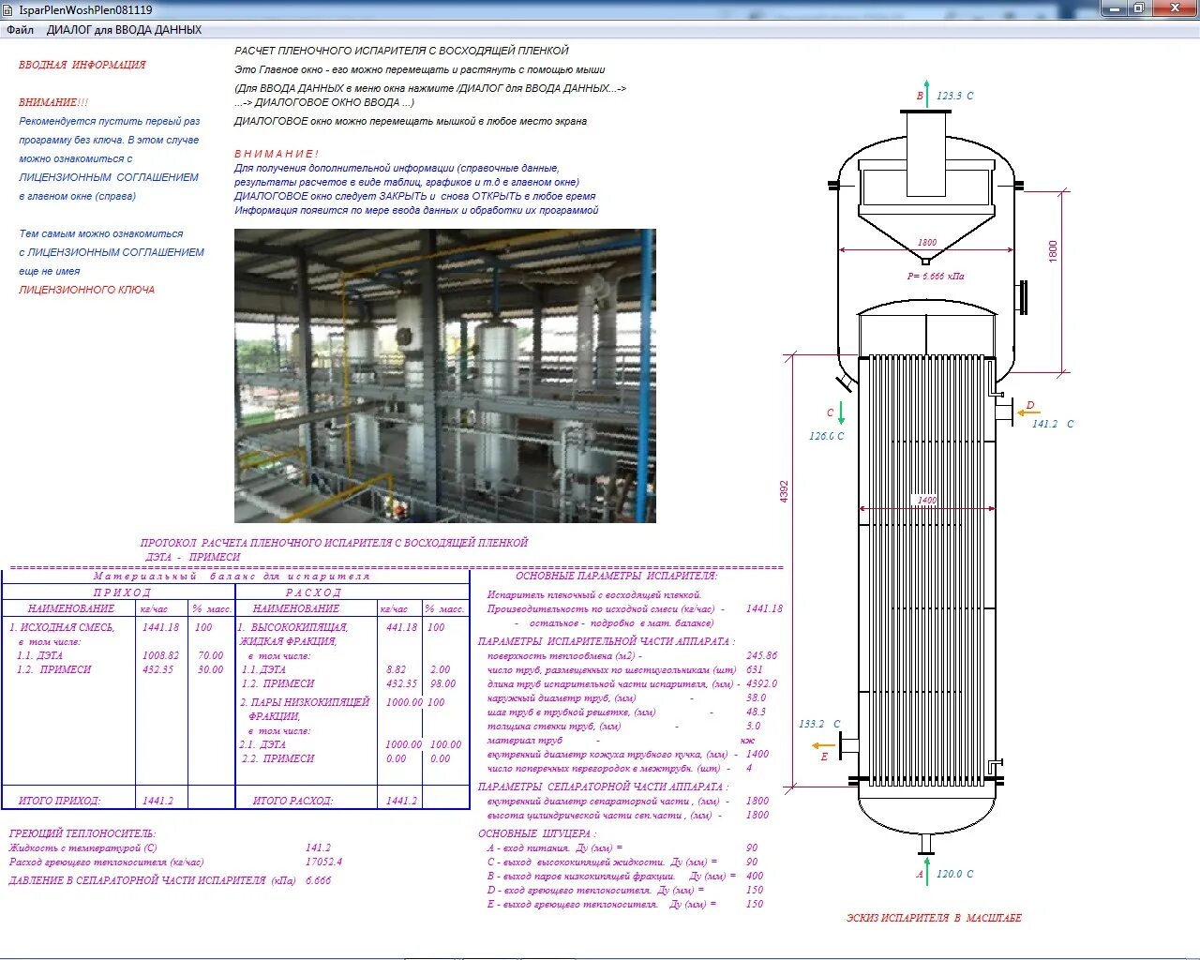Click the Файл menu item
pyautogui.click(x=20, y=30)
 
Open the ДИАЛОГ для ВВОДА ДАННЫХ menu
pyautogui.click(x=124, y=30)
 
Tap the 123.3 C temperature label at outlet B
pyautogui.click(x=955, y=96)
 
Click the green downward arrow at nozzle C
pyautogui.click(x=841, y=412)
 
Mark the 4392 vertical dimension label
pyautogui.click(x=785, y=491)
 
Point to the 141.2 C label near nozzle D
pyautogui.click(x=1053, y=424)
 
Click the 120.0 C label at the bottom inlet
pyautogui.click(x=955, y=874)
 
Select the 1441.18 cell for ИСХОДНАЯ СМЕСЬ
pyautogui.click(x=160, y=627)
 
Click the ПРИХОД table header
pyautogui.click(x=122, y=592)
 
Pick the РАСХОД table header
pyautogui.click(x=314, y=592)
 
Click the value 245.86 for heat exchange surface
pyautogui.click(x=761, y=655)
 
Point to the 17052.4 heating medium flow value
pyautogui.click(x=323, y=862)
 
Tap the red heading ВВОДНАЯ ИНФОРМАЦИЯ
pyautogui.click(x=82, y=65)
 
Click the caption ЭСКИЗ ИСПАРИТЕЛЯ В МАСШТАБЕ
pyautogui.click(x=934, y=918)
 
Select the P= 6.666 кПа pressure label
pyautogui.click(x=935, y=277)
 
